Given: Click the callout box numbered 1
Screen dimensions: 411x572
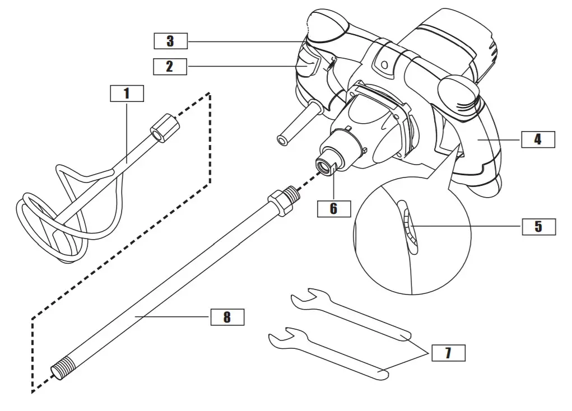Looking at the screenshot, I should coord(127,94).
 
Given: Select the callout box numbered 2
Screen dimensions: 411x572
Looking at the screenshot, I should coord(170,67).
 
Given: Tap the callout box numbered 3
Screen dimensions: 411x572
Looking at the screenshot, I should coord(170,41).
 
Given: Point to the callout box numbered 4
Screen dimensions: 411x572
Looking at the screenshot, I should coord(538,139).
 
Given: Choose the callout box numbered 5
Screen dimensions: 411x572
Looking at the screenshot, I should coord(538,226).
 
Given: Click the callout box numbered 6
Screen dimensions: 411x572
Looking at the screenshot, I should coord(333,208).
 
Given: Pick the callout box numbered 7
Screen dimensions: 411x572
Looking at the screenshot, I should coord(448,353).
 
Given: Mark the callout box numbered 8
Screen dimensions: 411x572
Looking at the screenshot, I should coord(227,317).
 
